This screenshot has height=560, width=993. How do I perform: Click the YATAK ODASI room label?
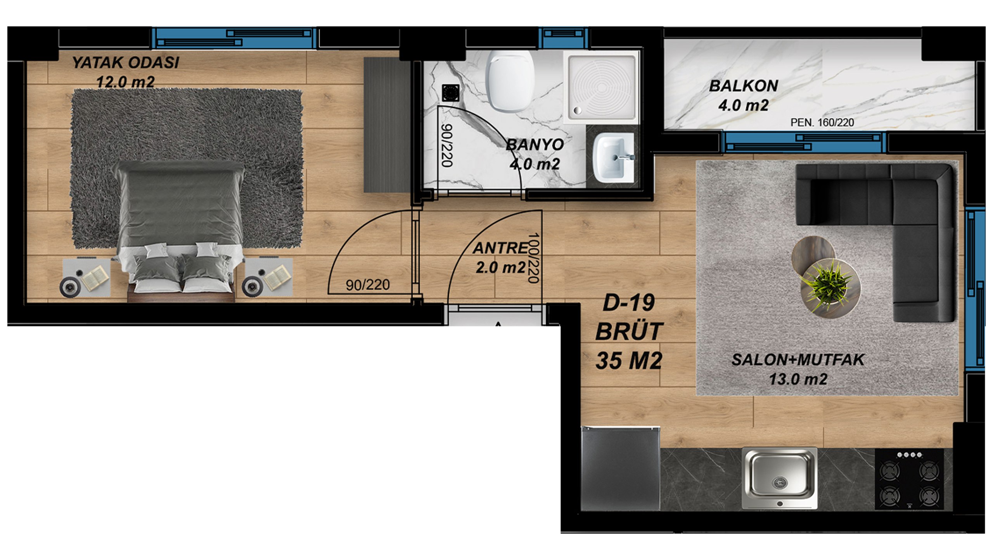coord(126,62)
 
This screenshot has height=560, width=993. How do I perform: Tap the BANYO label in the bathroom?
coord(535,145)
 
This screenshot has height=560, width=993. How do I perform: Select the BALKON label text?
coord(744,86)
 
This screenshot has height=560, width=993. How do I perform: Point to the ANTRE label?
coord(500,248)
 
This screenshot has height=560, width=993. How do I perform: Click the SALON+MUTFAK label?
coord(798,360)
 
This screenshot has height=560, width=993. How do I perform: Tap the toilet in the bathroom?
coord(510,81)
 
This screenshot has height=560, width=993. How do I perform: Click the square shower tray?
coord(603,86)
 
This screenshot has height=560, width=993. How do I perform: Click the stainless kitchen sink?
coord(780,478)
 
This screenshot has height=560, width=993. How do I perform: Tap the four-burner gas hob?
coord(909,479)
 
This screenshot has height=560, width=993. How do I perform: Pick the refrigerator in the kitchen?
coord(620,468)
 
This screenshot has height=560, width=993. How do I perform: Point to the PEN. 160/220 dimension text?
coord(822,123)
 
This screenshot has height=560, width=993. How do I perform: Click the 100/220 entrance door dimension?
coord(534,258)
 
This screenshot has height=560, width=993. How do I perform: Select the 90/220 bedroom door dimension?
coord(368,285)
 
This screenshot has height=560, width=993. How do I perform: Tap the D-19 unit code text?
coord(629,303)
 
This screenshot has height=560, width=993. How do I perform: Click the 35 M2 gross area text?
coord(629,361)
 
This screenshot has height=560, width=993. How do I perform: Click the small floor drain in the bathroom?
coord(450,93)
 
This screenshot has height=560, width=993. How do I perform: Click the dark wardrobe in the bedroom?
coord(387,125)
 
